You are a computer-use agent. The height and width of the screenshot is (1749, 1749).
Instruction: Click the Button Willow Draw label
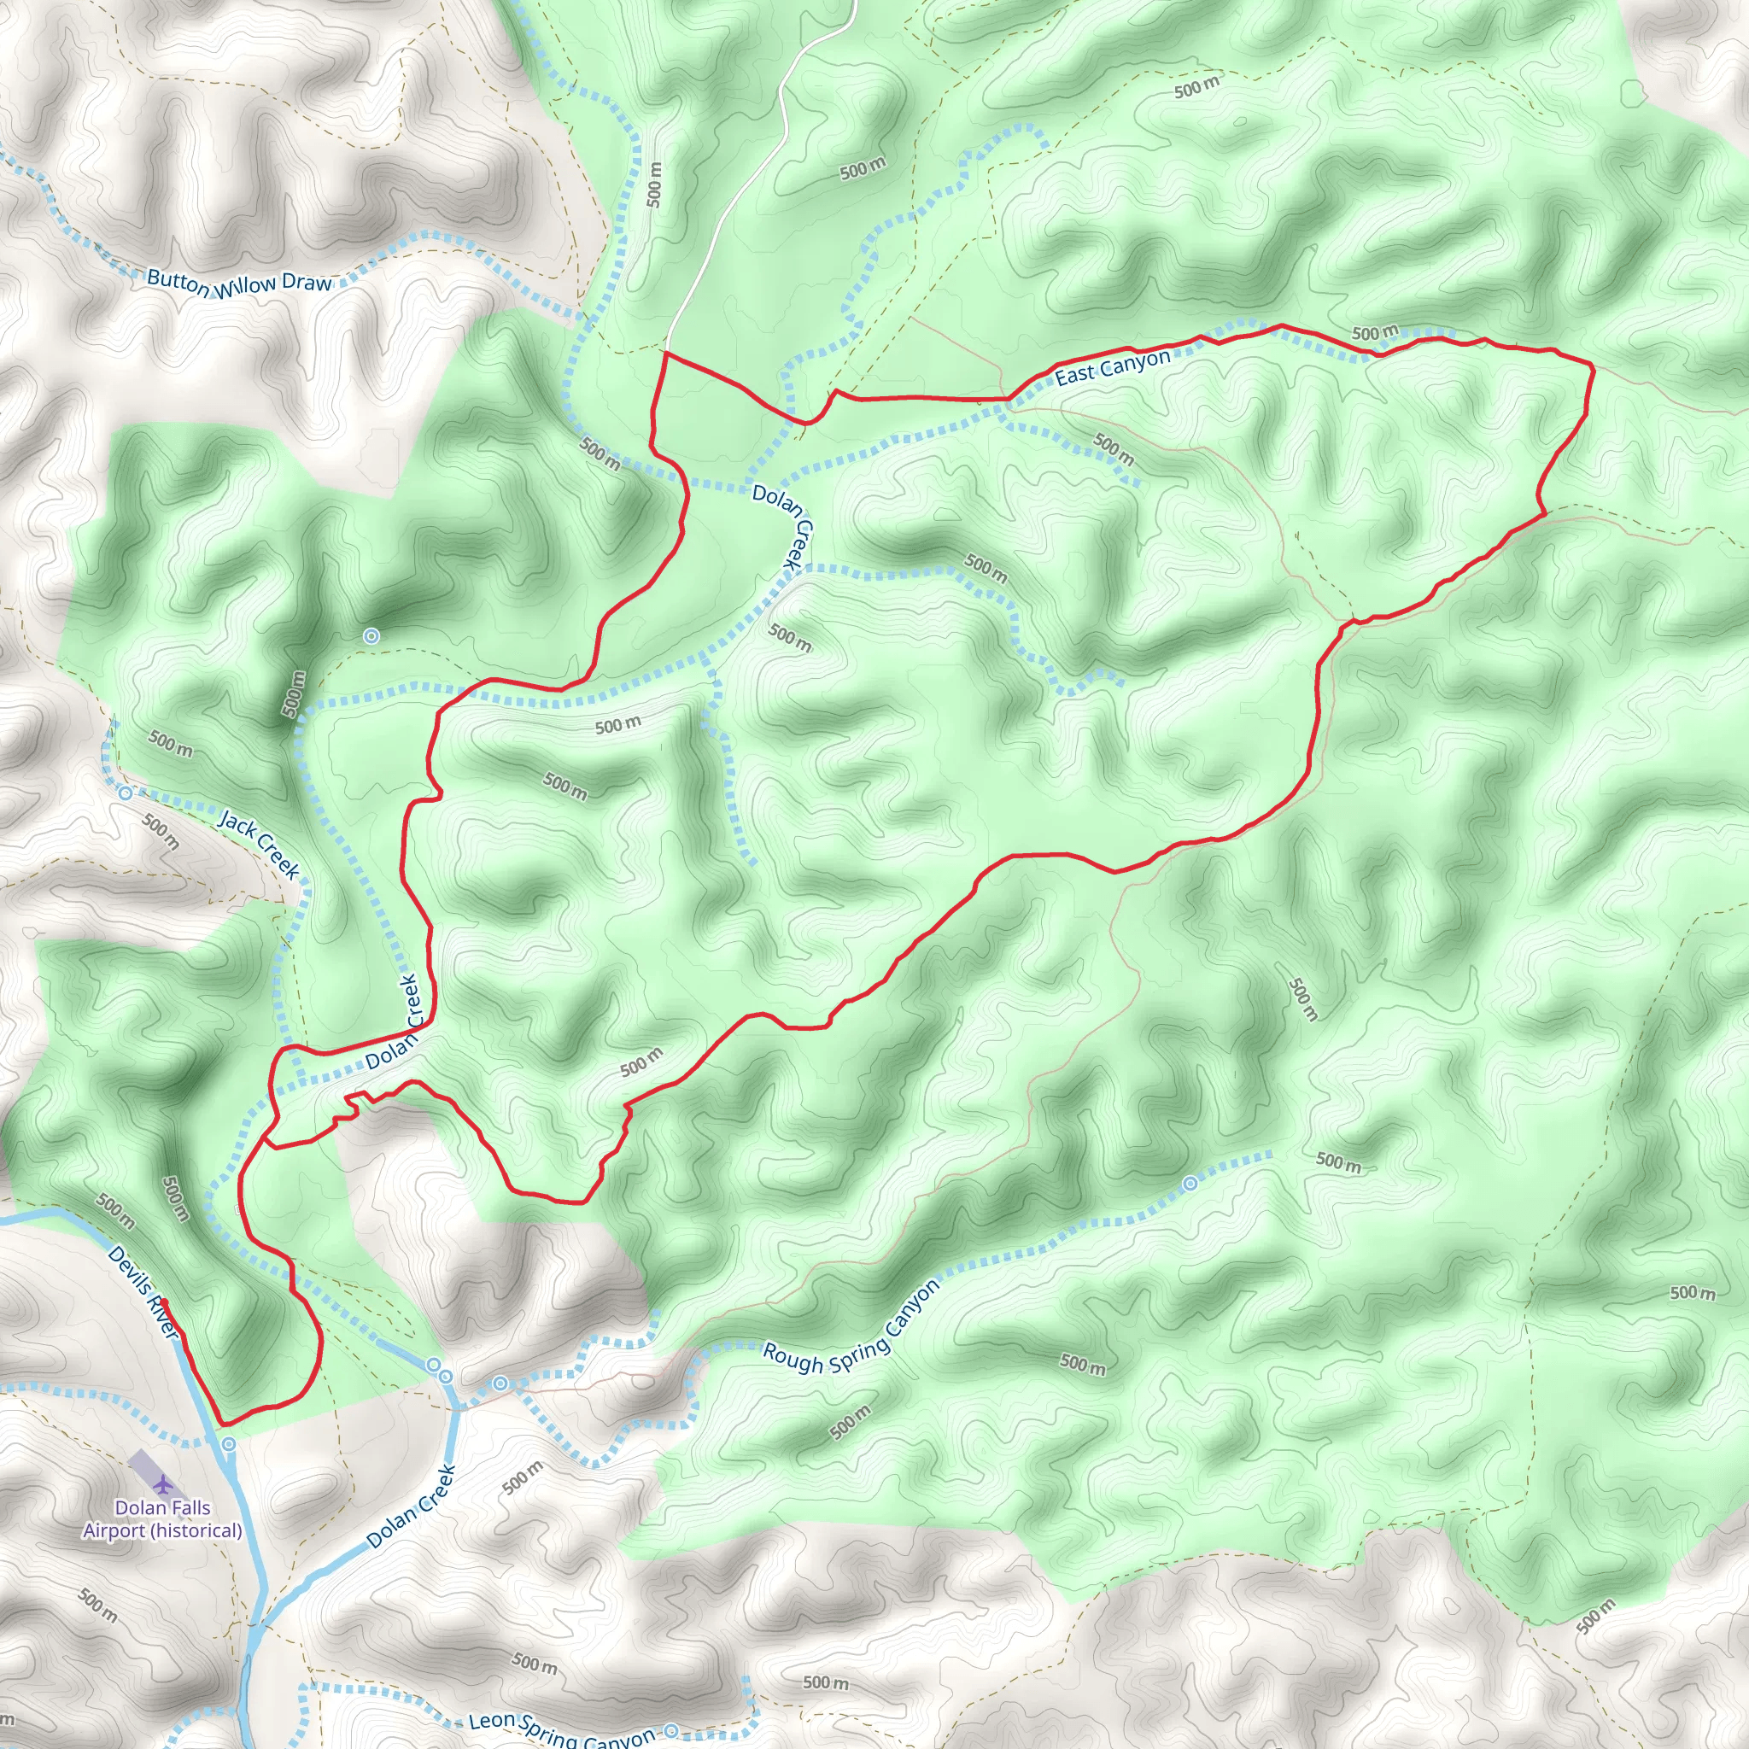[x=239, y=284]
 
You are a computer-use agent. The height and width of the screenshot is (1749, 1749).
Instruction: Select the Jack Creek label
[x=259, y=845]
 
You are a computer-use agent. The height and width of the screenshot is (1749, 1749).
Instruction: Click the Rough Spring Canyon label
[x=851, y=1329]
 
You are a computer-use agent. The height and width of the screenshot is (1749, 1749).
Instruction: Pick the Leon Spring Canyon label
[x=561, y=1730]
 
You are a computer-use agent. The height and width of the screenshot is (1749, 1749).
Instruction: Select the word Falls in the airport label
[x=188, y=1508]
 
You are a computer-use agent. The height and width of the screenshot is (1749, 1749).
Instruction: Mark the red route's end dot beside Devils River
[x=164, y=1302]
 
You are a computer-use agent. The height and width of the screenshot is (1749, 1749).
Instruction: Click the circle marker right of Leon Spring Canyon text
[x=670, y=1731]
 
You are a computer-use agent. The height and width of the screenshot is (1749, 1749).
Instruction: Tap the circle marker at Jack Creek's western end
[x=126, y=794]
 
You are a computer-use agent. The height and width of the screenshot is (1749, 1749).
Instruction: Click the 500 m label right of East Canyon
[x=1374, y=333]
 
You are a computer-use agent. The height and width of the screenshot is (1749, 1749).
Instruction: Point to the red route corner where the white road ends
[x=666, y=353]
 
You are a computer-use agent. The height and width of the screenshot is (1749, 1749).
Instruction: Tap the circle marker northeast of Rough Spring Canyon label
[x=1190, y=1183]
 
